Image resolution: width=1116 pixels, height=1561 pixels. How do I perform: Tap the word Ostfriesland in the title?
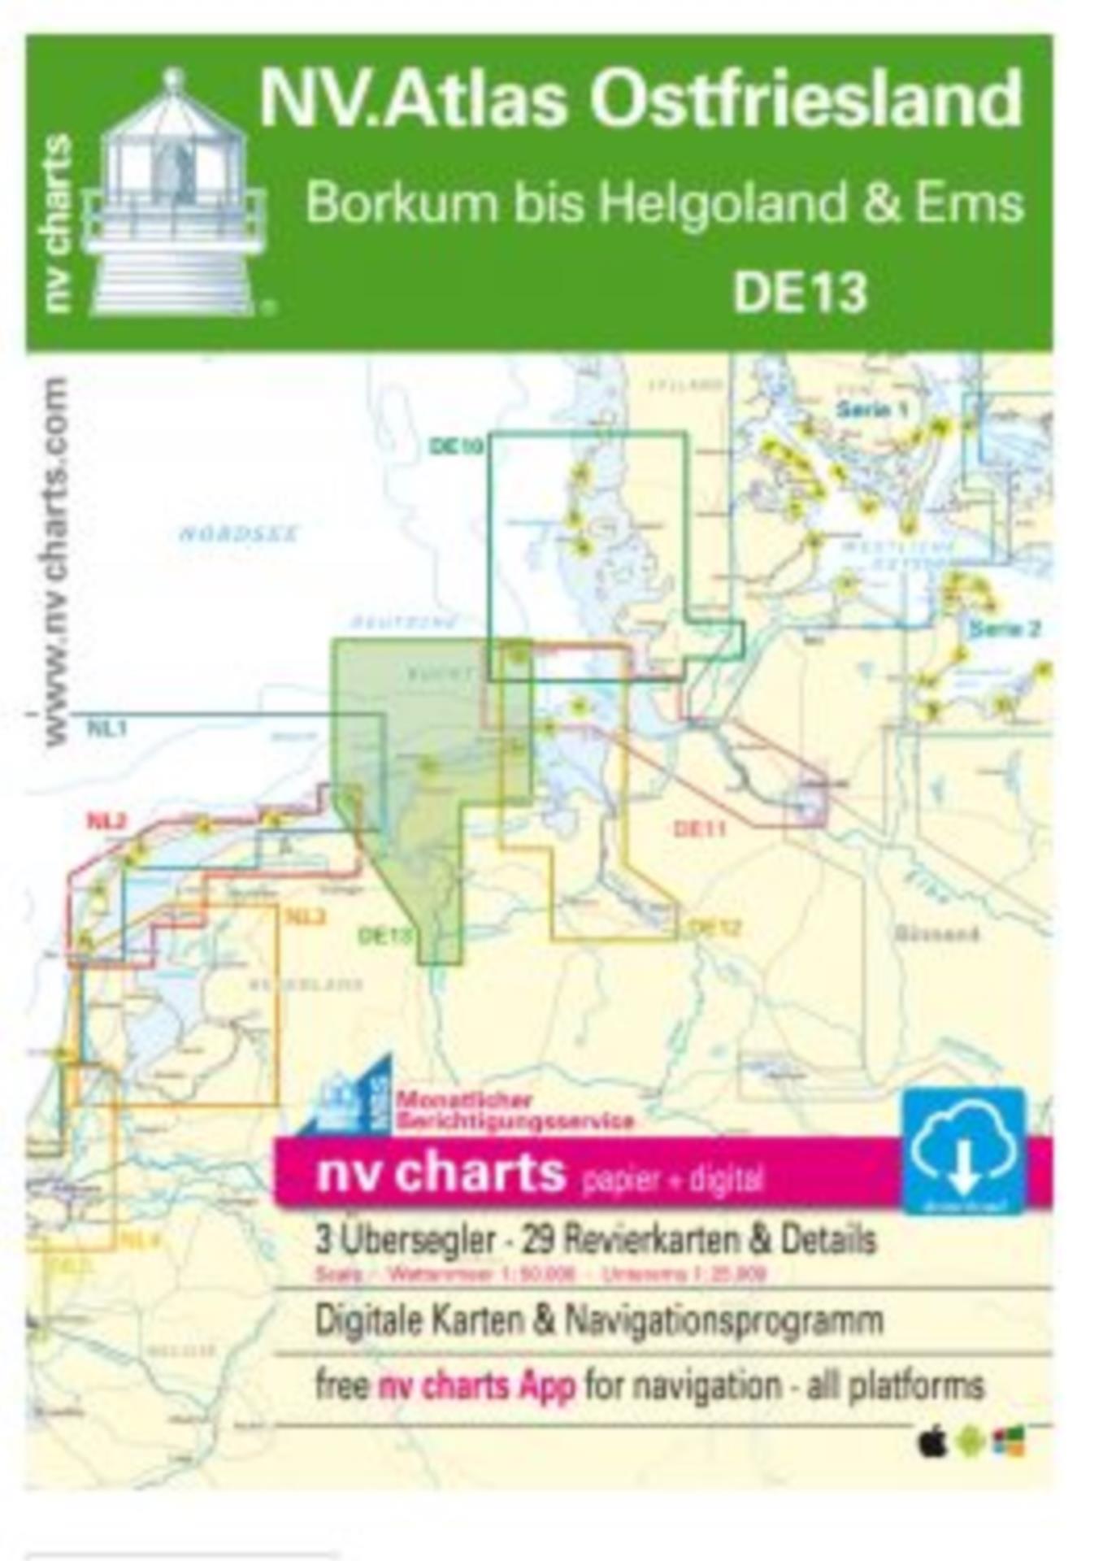click(805, 99)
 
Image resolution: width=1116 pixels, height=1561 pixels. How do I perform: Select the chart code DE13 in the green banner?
click(800, 292)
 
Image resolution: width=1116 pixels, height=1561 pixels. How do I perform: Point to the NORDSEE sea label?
click(238, 534)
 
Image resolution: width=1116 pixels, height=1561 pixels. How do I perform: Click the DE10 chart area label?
click(456, 446)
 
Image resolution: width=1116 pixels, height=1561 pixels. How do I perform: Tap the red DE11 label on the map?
click(699, 828)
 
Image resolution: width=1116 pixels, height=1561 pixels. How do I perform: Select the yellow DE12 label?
click(714, 928)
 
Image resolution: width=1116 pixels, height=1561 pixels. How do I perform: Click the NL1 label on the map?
click(106, 728)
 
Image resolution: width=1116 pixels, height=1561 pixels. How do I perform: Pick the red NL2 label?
click(106, 821)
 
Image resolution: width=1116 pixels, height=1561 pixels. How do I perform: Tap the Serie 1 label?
click(871, 409)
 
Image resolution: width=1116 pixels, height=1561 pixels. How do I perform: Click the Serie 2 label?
click(1004, 628)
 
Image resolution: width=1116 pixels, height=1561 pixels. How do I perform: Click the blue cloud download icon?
click(963, 1150)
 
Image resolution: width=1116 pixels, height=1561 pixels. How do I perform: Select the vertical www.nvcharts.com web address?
click(55, 561)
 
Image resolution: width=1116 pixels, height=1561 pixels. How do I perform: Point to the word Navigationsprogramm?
click(723, 1320)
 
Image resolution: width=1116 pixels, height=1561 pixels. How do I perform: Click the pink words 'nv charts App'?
click(477, 1385)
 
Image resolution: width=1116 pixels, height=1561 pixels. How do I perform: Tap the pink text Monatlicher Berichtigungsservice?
click(514, 1111)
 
